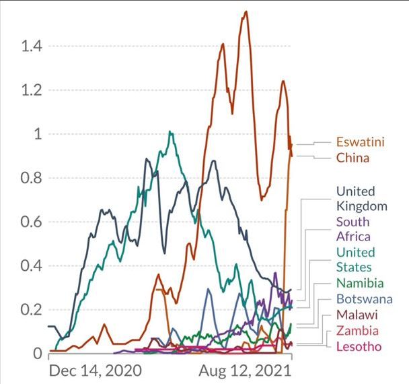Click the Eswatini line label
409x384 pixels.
360,143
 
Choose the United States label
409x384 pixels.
354,259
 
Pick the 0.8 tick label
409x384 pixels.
30,179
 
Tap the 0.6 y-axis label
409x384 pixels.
30,222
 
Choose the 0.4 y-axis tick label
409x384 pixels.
30,266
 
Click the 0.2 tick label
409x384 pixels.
30,310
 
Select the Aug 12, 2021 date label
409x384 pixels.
246,371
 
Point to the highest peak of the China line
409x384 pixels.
246,11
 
